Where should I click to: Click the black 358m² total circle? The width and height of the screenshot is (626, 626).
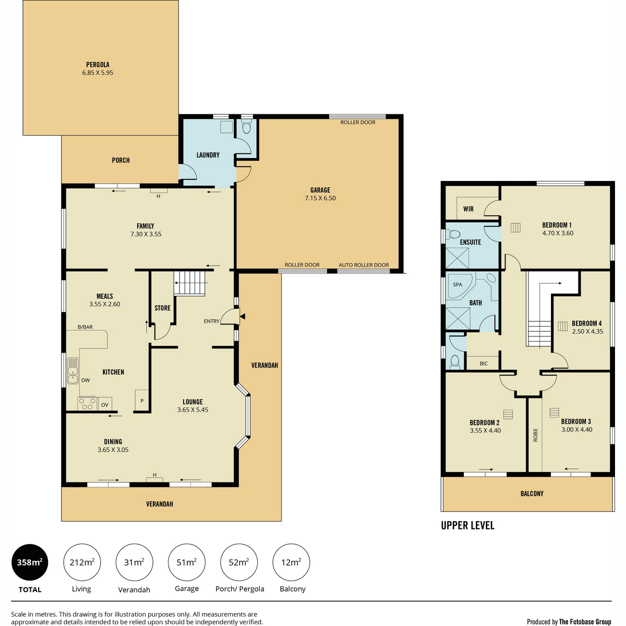30,562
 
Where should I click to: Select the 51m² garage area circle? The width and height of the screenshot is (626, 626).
186,562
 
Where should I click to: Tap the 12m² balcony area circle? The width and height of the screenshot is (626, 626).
291,562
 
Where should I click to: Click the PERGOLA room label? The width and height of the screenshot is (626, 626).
98,65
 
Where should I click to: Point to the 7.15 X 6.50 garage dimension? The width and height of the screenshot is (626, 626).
320,198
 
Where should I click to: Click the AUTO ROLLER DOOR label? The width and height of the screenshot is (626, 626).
364,265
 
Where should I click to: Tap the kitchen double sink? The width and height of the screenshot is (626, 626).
73,371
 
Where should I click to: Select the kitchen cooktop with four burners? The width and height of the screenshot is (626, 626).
87,404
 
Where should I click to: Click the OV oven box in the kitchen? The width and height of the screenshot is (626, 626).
104,404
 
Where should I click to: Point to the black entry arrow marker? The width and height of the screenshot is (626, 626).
243,317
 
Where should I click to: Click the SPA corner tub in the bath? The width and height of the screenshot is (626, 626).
460,286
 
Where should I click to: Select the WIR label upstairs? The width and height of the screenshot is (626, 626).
468,209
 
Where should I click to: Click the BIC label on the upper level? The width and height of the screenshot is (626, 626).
484,364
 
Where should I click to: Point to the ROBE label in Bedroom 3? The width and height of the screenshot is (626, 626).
535,435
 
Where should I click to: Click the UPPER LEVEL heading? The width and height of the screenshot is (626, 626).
467,525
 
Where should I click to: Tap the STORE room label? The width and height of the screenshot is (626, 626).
162,308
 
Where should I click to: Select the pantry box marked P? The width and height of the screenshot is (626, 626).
142,400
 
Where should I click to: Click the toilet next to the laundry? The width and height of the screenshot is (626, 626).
247,127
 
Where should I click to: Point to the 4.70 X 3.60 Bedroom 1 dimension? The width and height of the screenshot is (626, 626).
558,233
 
